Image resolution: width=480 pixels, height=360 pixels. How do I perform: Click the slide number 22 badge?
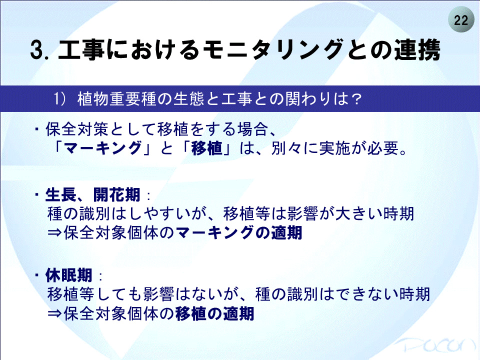click(x=461, y=20)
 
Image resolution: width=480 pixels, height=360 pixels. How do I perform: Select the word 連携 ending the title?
click(x=417, y=49)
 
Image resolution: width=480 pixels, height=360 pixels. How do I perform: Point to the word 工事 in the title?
click(x=81, y=49)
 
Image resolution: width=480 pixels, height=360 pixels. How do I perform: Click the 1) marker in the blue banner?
click(x=60, y=99)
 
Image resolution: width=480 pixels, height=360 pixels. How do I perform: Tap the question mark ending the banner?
click(x=356, y=99)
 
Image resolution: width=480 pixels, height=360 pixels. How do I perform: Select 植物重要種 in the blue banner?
click(x=117, y=99)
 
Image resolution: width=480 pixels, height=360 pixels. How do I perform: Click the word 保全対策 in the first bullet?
click(x=77, y=129)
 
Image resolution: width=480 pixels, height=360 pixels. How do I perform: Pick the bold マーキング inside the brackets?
click(x=103, y=148)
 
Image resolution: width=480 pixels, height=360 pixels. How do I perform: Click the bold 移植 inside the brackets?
click(x=206, y=148)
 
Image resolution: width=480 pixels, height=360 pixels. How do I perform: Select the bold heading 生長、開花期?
click(x=93, y=194)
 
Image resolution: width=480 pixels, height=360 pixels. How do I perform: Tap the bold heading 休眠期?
click(x=69, y=275)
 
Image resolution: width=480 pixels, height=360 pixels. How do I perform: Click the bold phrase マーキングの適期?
click(x=239, y=233)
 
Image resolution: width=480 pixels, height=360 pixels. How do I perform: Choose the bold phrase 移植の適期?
click(x=215, y=313)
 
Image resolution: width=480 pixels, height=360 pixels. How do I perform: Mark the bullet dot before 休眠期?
click(x=37, y=275)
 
